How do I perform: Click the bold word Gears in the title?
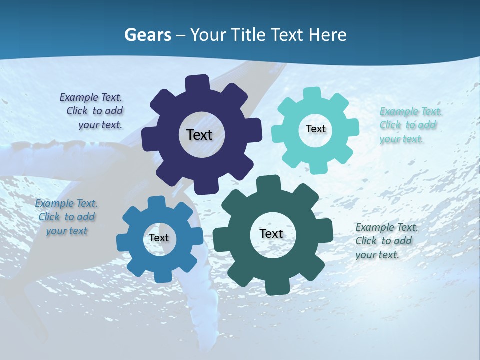coord(147,35)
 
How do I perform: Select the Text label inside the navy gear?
coord(199,135)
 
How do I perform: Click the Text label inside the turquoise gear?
coord(315,129)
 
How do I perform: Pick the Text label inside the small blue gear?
coord(159,238)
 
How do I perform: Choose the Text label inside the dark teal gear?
coord(271,233)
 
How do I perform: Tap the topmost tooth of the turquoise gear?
coord(313,94)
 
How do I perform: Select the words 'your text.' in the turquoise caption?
coord(401,139)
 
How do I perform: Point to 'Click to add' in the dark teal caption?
coord(384,241)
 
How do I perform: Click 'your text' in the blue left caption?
coord(67,231)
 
